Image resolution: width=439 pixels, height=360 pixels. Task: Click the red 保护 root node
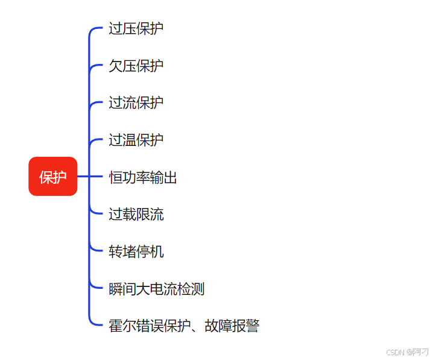coord(53,177)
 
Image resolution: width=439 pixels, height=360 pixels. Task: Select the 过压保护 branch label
coord(136,28)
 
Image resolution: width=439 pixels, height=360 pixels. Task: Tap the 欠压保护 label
coord(136,66)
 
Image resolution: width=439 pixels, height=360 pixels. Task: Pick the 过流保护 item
coord(136,103)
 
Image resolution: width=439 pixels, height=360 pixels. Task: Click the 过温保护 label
coord(136,140)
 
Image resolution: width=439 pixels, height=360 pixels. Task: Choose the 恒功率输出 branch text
coord(143,177)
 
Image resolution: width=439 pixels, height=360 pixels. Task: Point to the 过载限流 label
coord(136,214)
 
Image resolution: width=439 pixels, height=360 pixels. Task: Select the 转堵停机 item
coord(136,251)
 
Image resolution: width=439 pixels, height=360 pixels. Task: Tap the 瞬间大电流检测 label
coord(156,289)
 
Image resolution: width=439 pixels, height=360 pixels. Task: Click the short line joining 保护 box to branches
coord(83,177)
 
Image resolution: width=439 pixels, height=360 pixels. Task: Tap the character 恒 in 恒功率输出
coord(116,177)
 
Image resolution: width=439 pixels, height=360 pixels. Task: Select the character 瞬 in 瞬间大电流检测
coord(116,289)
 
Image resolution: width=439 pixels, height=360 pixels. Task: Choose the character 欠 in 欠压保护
coord(116,66)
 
